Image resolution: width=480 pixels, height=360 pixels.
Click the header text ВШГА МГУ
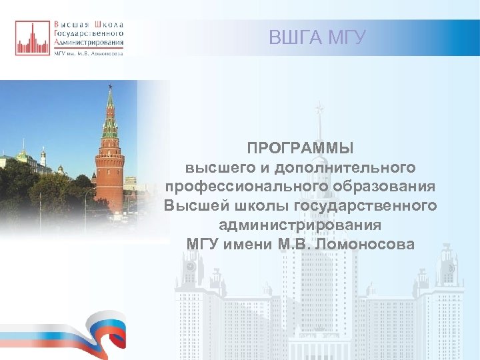pyautogui.click(x=317, y=38)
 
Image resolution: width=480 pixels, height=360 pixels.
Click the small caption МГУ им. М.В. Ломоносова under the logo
pyautogui.click(x=88, y=54)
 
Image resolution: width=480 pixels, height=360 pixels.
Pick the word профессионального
pyautogui.click(x=246, y=185)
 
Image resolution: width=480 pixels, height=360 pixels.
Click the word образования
pyautogui.click(x=385, y=185)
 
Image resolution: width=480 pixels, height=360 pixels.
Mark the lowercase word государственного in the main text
pyautogui.click(x=367, y=205)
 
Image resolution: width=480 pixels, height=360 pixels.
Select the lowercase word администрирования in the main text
pyautogui.click(x=300, y=225)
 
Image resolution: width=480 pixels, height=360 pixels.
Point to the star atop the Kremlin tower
pyautogui.click(x=109, y=86)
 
